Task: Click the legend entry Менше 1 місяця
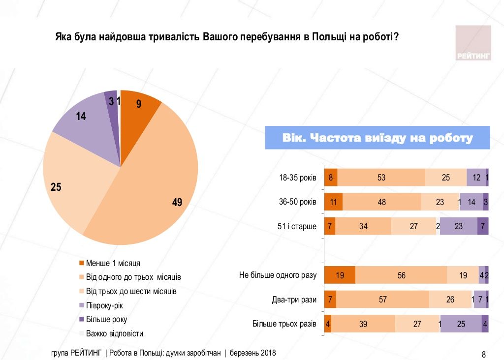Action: point(113,263)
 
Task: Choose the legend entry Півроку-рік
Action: point(104,305)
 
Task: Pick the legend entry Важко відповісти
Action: point(114,333)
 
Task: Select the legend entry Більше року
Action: point(106,319)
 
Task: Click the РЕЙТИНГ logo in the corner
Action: point(473,43)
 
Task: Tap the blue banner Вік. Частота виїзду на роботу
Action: point(378,138)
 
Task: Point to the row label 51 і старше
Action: point(297,227)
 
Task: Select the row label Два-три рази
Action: point(294,299)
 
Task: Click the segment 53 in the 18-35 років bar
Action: point(381,178)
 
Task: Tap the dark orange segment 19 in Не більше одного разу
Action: point(340,275)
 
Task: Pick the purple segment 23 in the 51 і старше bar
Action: point(458,227)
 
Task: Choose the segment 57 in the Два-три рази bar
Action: point(382,299)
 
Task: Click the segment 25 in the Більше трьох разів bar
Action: point(461,324)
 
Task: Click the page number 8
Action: point(483,354)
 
